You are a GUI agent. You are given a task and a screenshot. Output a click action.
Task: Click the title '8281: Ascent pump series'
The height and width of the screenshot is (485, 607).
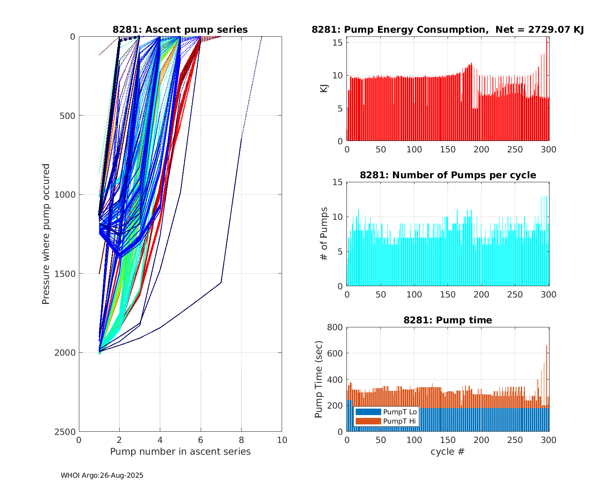[180, 30]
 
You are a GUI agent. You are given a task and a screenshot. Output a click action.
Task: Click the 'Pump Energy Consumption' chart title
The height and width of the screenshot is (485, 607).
[448, 30]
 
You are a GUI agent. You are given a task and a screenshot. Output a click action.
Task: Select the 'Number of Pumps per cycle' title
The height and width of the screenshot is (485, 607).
[448, 175]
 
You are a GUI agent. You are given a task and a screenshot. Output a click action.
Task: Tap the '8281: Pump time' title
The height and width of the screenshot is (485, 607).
[448, 321]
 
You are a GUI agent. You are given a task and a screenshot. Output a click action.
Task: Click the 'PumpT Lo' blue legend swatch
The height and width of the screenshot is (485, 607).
[368, 412]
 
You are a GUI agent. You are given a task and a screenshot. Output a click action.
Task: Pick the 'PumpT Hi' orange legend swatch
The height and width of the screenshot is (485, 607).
[368, 421]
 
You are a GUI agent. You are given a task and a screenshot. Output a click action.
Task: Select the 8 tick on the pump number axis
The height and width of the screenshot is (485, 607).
[241, 440]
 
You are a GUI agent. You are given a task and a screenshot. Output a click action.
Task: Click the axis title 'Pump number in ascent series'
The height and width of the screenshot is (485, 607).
[180, 452]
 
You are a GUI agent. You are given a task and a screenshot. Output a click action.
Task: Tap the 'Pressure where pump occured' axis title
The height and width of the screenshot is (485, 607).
[46, 234]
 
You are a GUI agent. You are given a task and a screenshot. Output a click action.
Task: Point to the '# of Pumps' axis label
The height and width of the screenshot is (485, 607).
[324, 234]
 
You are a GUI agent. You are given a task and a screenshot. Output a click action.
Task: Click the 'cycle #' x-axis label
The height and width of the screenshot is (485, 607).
[448, 452]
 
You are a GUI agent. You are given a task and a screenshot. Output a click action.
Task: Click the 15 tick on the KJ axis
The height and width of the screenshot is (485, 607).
[338, 43]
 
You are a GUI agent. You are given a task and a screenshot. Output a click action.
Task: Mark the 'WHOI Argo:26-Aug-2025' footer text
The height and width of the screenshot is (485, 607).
[102, 476]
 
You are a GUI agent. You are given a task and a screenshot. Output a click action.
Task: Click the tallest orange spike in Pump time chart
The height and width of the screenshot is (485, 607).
[547, 347]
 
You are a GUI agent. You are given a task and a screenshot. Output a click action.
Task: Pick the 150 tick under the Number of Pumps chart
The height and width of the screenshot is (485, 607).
[448, 295]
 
